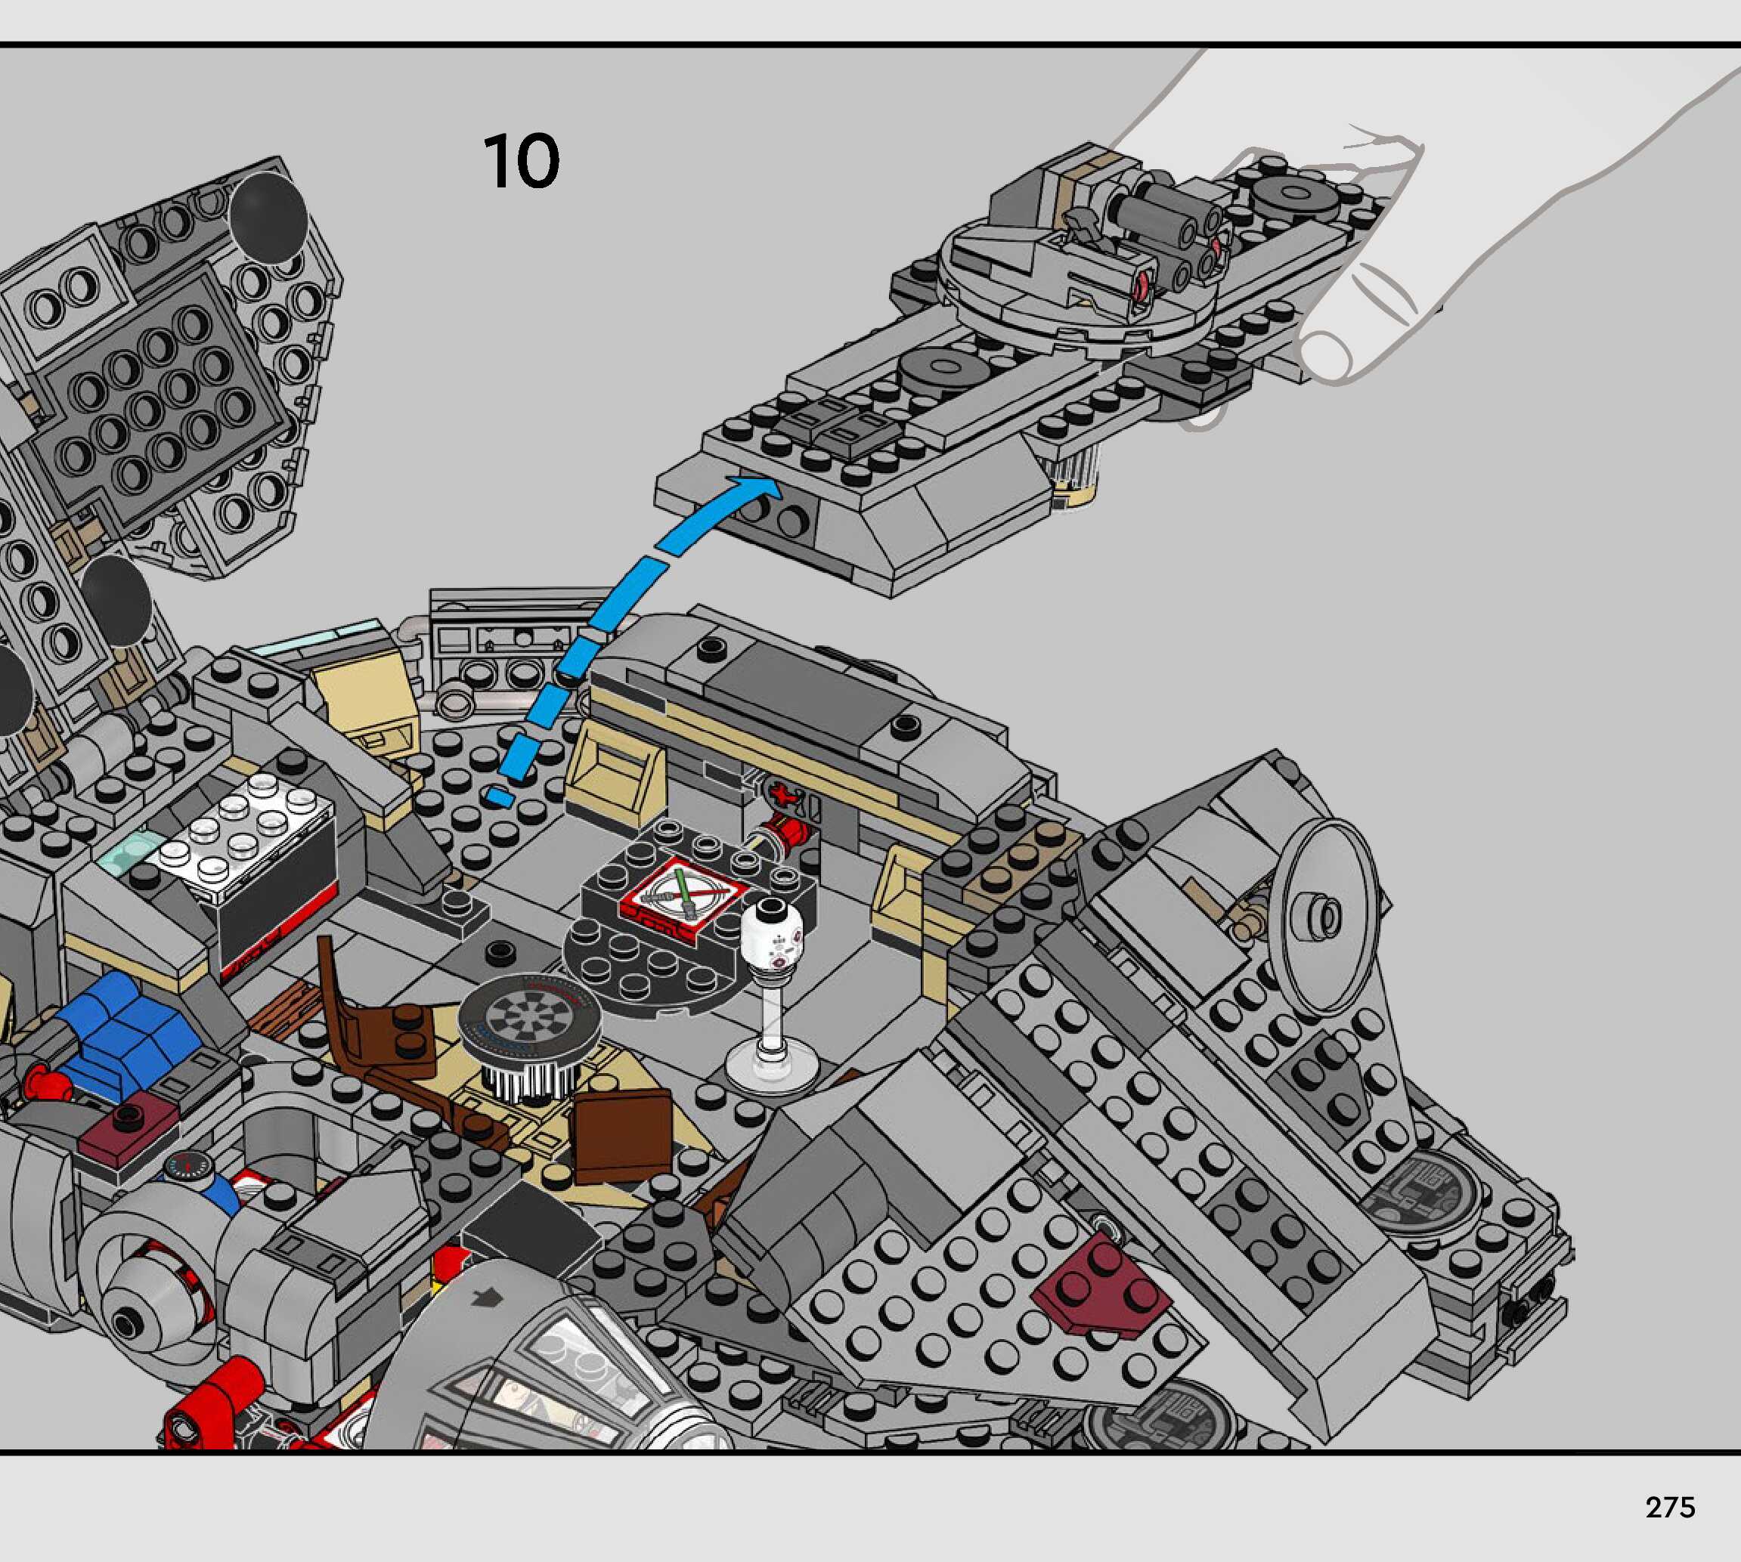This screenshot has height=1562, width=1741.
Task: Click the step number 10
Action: pos(521,162)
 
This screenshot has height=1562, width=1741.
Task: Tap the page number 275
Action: pos(1670,1507)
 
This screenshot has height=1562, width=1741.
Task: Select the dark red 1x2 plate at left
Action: pos(129,1125)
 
